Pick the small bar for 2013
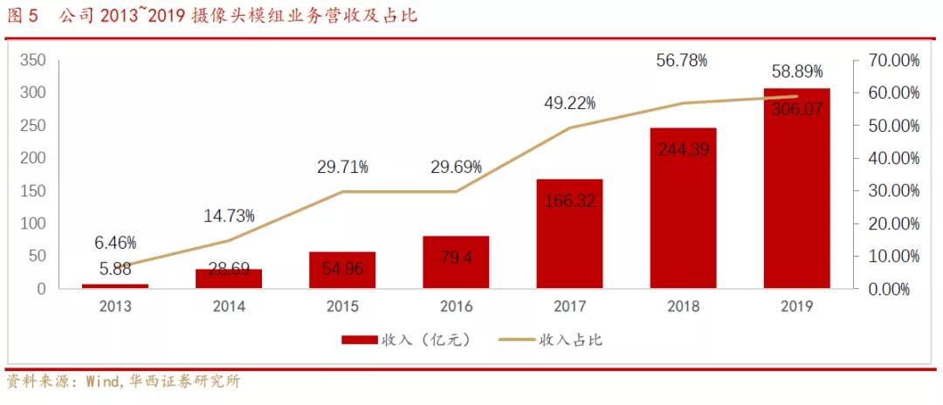(115, 285)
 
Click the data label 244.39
(683, 149)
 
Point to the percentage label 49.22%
(569, 103)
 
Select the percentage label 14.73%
(229, 215)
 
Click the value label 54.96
(342, 267)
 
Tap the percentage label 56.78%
(682, 60)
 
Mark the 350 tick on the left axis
(33, 60)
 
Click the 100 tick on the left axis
(33, 223)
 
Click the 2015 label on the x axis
(342, 306)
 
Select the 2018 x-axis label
(683, 306)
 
